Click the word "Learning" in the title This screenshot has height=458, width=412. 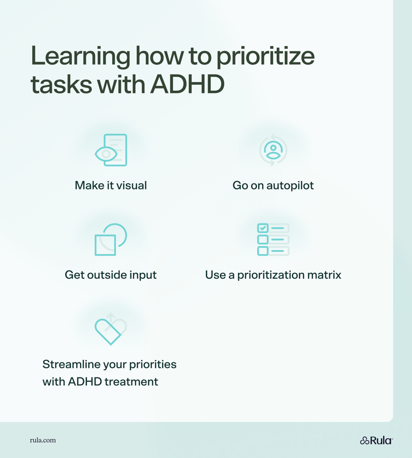coord(79,57)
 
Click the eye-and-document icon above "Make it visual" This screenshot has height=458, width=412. coord(111,150)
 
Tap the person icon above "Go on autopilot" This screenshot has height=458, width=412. coord(273,150)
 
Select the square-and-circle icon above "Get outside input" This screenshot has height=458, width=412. coord(111,239)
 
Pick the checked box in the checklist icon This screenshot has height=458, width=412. coord(263,228)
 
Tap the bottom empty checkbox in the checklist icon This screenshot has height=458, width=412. coord(263,251)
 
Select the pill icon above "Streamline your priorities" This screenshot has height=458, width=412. coord(111,329)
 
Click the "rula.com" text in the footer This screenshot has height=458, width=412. coord(43,440)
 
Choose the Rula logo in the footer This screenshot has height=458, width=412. coord(376,440)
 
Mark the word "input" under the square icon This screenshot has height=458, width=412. coord(143,275)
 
